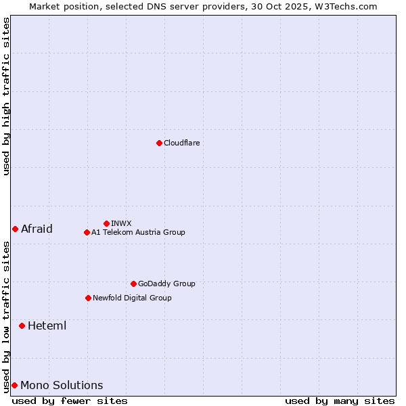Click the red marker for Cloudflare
point(159,143)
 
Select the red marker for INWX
point(106,223)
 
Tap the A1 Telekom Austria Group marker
point(87,232)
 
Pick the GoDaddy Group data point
point(133,284)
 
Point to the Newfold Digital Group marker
point(88,298)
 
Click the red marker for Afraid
point(15,229)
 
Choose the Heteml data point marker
point(22,325)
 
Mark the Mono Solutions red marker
point(14,385)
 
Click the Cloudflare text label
point(182,143)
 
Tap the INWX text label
point(121,223)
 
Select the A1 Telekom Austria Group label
point(138,232)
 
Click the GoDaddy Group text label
point(166,284)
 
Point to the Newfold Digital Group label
point(132,298)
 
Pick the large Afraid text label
point(37,229)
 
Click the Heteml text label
point(47,325)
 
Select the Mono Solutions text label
point(62,385)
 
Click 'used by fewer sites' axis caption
point(70,401)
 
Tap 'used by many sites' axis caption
point(340,401)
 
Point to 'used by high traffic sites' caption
point(6,97)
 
